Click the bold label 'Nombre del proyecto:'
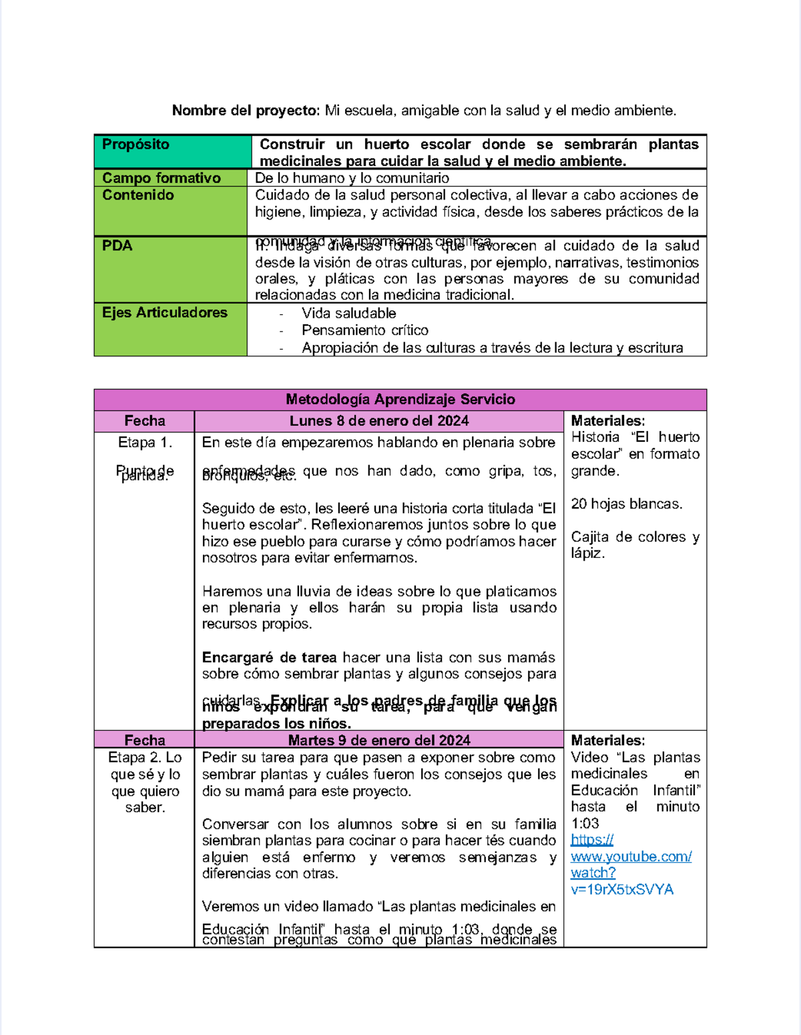click(x=246, y=111)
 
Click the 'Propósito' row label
click(x=136, y=145)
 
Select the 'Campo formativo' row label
click(x=161, y=178)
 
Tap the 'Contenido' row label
click(x=138, y=196)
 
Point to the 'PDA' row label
click(x=117, y=246)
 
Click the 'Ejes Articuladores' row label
click(x=164, y=313)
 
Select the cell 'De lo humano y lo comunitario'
click(x=352, y=178)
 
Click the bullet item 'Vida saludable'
click(x=348, y=314)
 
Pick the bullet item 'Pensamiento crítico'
click(x=364, y=330)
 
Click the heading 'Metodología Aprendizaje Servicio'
click(x=400, y=400)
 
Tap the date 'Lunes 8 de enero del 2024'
click(x=378, y=421)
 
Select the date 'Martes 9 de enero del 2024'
click(x=378, y=740)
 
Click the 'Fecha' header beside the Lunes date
click(x=144, y=421)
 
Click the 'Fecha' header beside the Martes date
click(x=144, y=740)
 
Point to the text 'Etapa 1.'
click(x=145, y=442)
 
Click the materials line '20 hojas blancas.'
click(x=626, y=504)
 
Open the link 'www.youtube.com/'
click(x=631, y=857)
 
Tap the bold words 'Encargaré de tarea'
click(x=269, y=657)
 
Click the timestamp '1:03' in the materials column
click(x=585, y=823)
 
